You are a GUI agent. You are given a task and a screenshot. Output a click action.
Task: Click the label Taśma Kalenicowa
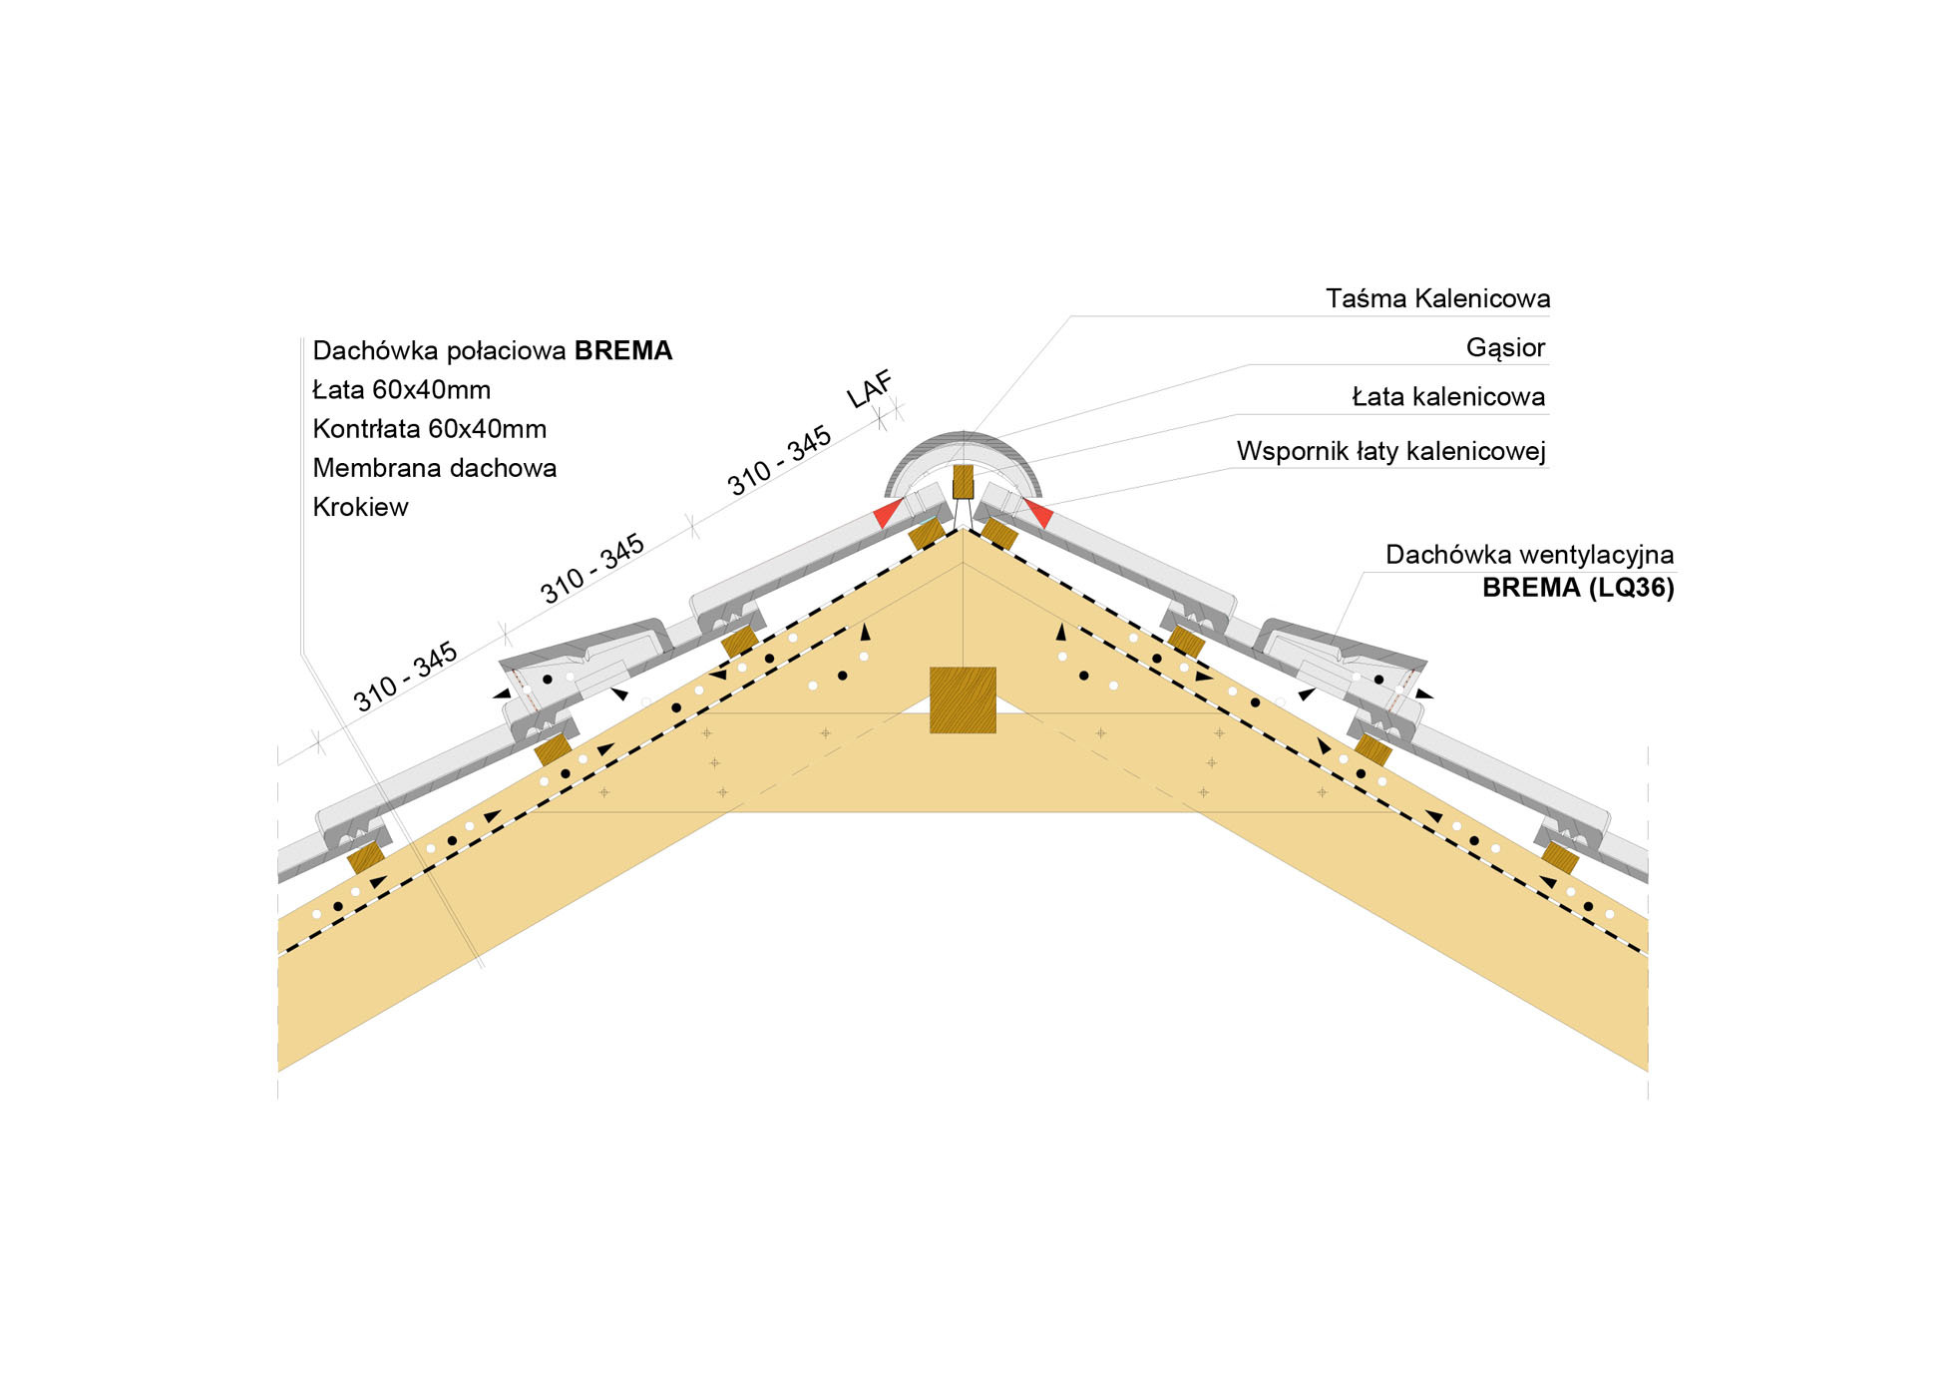tap(1437, 298)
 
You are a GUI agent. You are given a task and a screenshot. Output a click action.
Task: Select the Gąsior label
tap(1505, 347)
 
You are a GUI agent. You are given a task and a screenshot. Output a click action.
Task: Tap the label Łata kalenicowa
tap(1448, 397)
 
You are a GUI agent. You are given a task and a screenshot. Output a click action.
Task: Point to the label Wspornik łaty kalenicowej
tap(1390, 451)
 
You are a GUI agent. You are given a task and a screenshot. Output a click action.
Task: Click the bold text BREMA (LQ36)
tap(1578, 587)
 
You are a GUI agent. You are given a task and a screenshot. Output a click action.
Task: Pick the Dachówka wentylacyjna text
tap(1529, 555)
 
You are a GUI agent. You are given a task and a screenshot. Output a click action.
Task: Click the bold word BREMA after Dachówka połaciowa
tap(623, 351)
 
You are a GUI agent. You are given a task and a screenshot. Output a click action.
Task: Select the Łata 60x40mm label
tap(402, 390)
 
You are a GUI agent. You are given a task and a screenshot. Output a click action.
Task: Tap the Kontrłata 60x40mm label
tap(430, 429)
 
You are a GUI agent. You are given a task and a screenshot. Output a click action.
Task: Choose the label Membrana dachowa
tap(435, 468)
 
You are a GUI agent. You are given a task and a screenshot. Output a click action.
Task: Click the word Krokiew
tap(361, 507)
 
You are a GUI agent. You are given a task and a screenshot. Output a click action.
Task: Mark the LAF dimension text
tap(871, 389)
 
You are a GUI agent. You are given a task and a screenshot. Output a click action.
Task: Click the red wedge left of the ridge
tap(886, 515)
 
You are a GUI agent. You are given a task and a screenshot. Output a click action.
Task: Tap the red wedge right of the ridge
tap(1039, 514)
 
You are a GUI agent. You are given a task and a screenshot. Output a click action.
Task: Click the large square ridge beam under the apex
tap(963, 699)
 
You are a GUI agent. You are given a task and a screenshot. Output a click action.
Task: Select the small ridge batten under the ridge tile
tap(963, 482)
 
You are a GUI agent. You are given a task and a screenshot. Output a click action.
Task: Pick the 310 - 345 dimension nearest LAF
tap(780, 460)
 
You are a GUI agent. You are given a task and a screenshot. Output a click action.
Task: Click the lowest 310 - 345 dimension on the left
tap(405, 677)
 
